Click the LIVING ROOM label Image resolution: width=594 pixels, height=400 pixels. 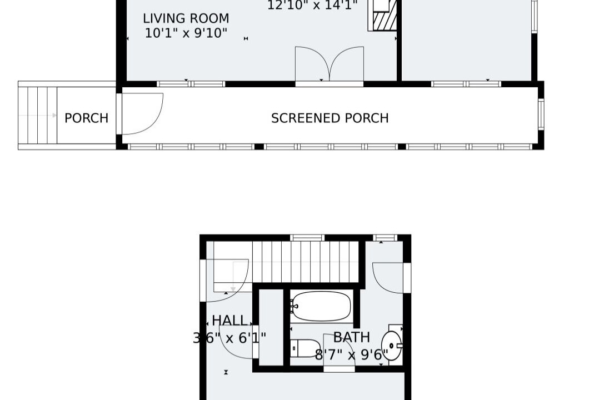(x=186, y=18)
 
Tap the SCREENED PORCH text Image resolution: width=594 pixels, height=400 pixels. (x=330, y=118)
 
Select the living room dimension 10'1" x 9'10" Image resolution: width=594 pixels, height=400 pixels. (x=186, y=33)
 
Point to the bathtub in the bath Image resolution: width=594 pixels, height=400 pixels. (x=321, y=306)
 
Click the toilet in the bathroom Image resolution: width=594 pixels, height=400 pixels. (x=305, y=348)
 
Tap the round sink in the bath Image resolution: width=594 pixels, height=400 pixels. (x=391, y=346)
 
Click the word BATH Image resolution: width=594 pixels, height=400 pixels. (x=352, y=337)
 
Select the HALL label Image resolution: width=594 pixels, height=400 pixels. (x=229, y=321)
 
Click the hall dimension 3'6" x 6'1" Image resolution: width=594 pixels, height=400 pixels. (x=229, y=337)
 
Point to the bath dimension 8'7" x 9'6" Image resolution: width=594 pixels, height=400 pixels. (x=352, y=355)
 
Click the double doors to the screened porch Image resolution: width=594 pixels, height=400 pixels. (x=329, y=64)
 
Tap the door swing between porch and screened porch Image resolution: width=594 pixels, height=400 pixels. (x=142, y=114)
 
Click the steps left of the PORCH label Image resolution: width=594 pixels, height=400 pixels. (x=37, y=115)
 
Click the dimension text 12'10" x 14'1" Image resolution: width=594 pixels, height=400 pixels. (x=312, y=6)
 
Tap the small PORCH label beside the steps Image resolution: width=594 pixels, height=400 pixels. (x=86, y=118)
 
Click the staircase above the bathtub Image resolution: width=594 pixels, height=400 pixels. (x=305, y=262)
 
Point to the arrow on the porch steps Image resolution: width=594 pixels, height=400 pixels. (x=37, y=115)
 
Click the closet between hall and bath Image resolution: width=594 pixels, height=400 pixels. (x=271, y=327)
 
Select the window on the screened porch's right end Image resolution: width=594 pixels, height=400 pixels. (x=541, y=114)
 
